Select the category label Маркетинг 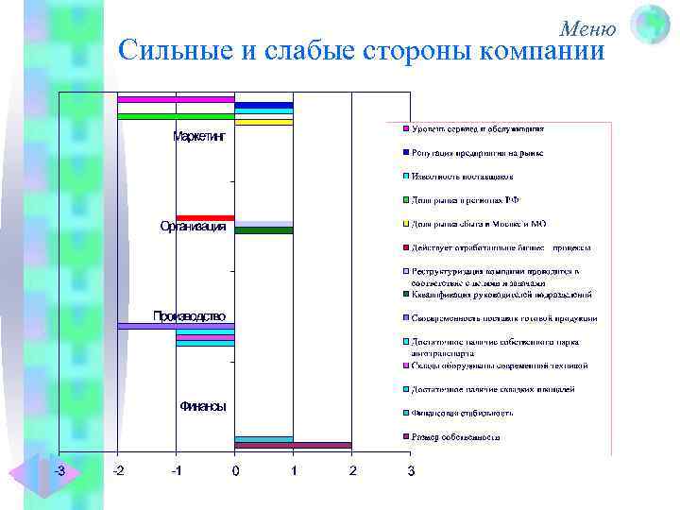(x=199, y=137)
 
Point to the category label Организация (x=193, y=227)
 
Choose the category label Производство (x=190, y=315)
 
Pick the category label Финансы (x=202, y=406)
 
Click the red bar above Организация (x=205, y=218)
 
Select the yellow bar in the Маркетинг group (x=263, y=122)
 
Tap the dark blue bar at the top (x=263, y=105)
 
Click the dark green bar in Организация (x=263, y=230)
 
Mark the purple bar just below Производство (x=176, y=326)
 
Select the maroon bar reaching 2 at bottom (x=293, y=445)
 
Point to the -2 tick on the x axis (x=118, y=469)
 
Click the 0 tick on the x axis (x=235, y=469)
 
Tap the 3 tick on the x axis (x=410, y=469)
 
